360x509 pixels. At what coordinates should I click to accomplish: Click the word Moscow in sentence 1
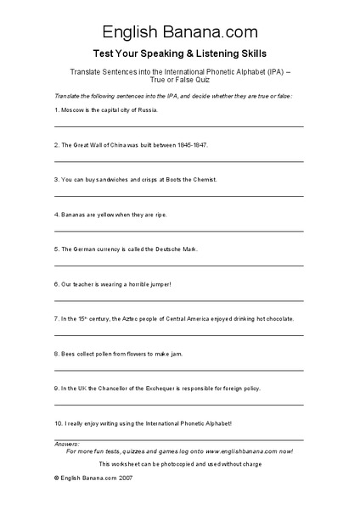pyautogui.click(x=70, y=110)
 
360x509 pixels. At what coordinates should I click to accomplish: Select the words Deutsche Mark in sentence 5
pyautogui.click(x=178, y=249)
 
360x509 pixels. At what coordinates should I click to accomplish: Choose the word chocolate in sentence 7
pyautogui.click(x=276, y=319)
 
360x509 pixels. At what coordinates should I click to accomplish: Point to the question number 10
pyautogui.click(x=57, y=422)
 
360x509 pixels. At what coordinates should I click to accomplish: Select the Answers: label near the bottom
pyautogui.click(x=66, y=444)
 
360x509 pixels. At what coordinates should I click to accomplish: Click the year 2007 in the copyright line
pyautogui.click(x=124, y=479)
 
